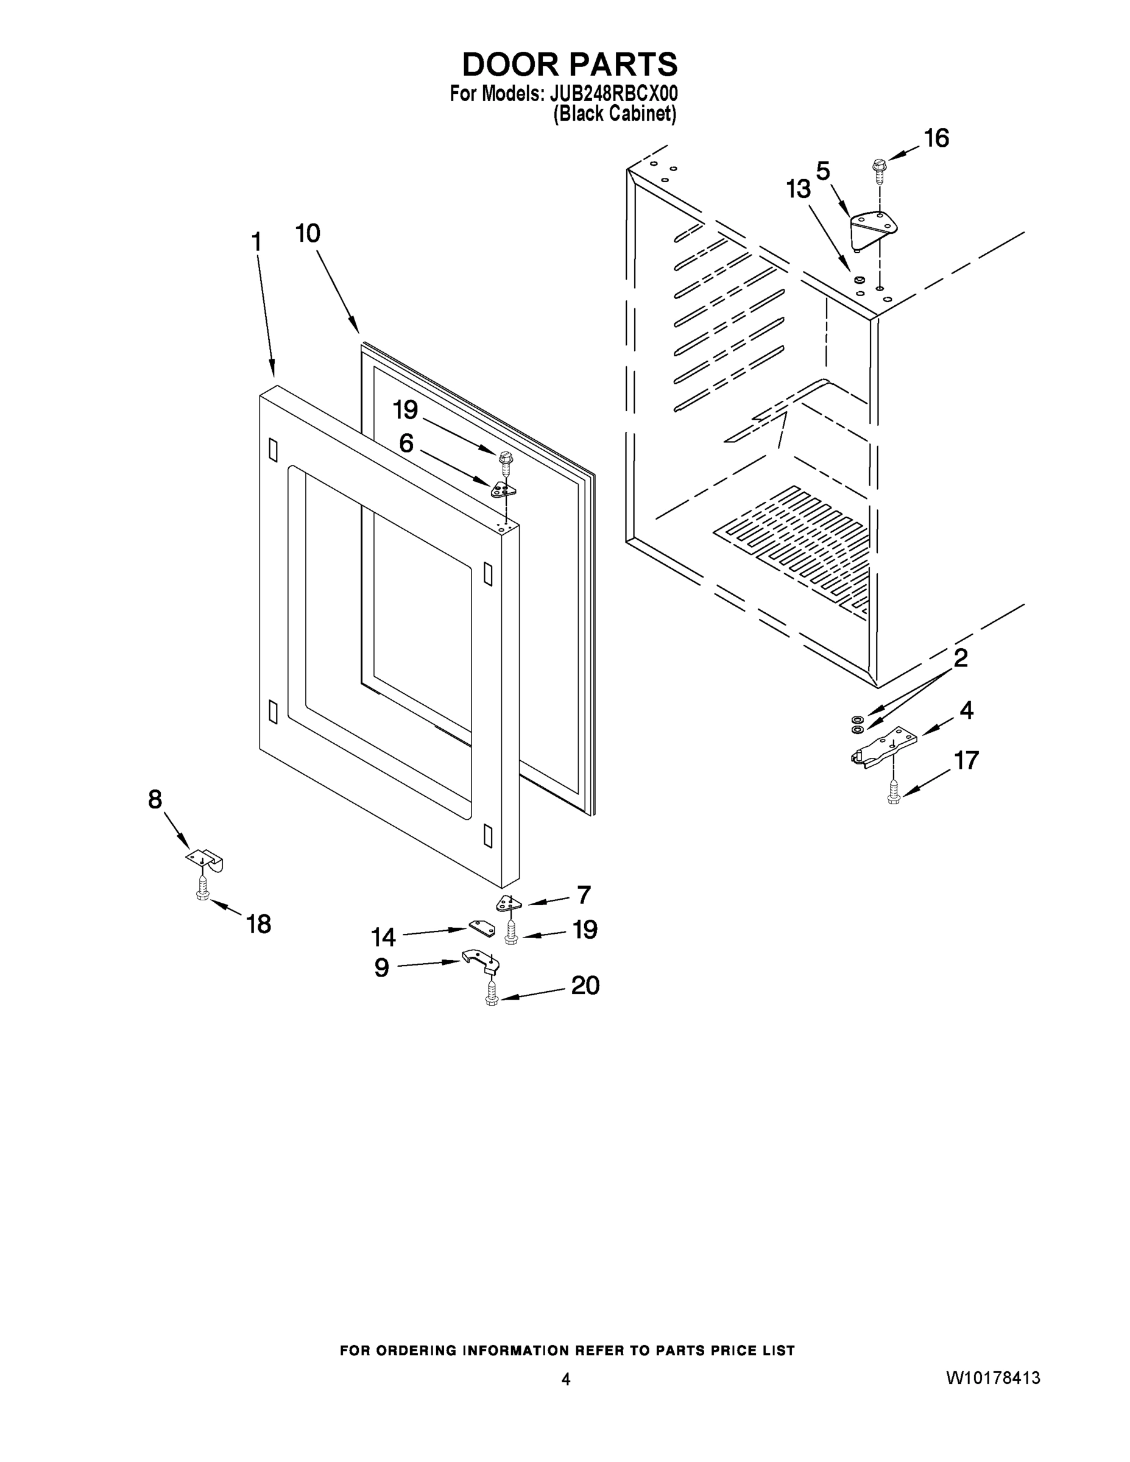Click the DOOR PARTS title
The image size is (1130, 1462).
coord(570,65)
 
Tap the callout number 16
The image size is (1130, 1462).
coord(936,138)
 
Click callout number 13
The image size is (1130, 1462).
coord(798,189)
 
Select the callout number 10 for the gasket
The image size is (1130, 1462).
coord(308,234)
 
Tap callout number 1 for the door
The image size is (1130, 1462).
coord(256,242)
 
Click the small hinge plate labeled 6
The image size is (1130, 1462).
coord(503,490)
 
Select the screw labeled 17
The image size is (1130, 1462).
coord(893,794)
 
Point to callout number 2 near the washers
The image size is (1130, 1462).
coord(960,658)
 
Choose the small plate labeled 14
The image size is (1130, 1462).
coord(482,928)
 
